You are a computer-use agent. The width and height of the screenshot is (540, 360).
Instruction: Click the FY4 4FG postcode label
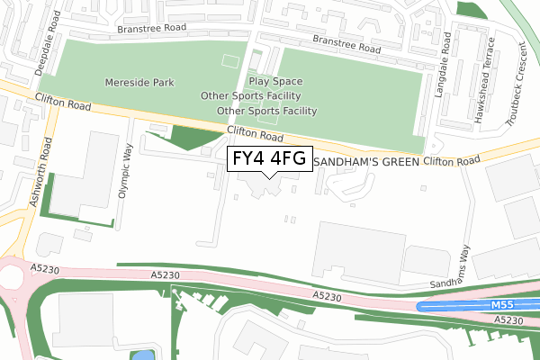[269, 158]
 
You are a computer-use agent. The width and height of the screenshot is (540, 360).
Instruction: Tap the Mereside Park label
[138, 82]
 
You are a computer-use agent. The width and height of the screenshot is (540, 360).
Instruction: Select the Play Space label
[275, 81]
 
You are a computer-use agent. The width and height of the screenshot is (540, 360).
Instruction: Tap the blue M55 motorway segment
[450, 306]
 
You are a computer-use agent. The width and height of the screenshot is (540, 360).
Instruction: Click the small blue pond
[143, 355]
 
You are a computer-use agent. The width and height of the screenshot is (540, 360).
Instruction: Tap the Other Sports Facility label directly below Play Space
[251, 95]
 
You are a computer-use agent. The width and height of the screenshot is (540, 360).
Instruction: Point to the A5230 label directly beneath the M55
[508, 319]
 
